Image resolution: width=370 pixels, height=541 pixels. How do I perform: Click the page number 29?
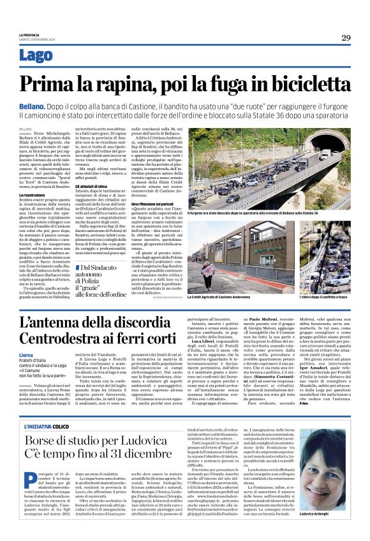(x=345, y=38)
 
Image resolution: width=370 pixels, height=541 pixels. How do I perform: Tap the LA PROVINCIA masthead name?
(x=30, y=34)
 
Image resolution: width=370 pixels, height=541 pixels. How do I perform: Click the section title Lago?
(x=36, y=56)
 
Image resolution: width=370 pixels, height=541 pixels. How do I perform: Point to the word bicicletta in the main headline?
(x=298, y=85)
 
